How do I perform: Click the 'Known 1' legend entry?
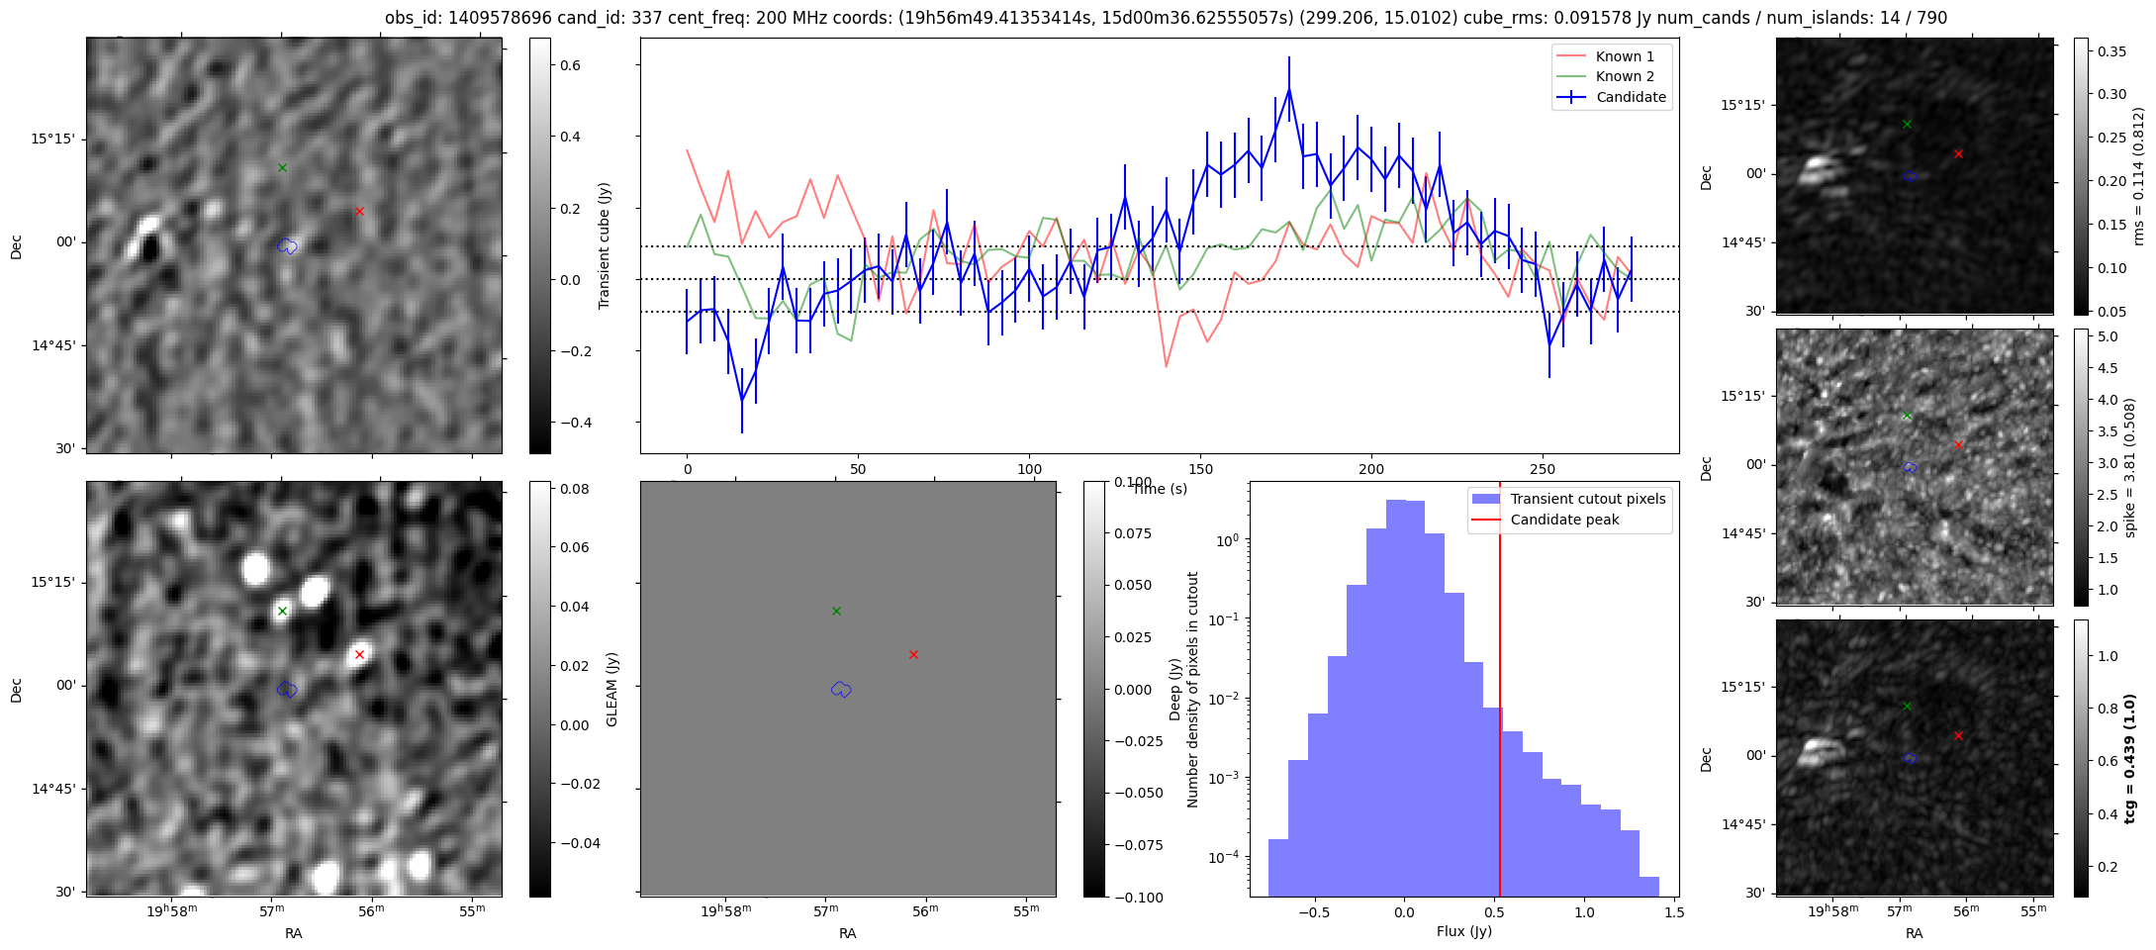click(x=1625, y=56)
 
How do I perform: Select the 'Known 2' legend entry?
click(x=1625, y=76)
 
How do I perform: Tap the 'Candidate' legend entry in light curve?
click(x=1631, y=97)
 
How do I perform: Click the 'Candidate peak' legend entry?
click(x=1564, y=520)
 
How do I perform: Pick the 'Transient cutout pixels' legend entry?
click(x=1587, y=499)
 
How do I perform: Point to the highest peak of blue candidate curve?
click(x=1289, y=89)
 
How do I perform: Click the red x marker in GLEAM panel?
click(x=359, y=654)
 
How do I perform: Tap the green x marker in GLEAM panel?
click(x=282, y=611)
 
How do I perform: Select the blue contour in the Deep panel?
click(x=841, y=689)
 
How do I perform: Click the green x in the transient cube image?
click(x=282, y=167)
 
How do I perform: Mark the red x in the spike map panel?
click(x=1958, y=445)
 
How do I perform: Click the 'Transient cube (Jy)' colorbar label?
click(x=605, y=245)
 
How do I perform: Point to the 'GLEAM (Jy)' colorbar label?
click(x=611, y=689)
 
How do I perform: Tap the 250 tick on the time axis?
click(x=1543, y=469)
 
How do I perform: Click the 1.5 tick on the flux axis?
click(x=1673, y=912)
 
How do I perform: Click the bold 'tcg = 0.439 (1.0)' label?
click(x=2131, y=758)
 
